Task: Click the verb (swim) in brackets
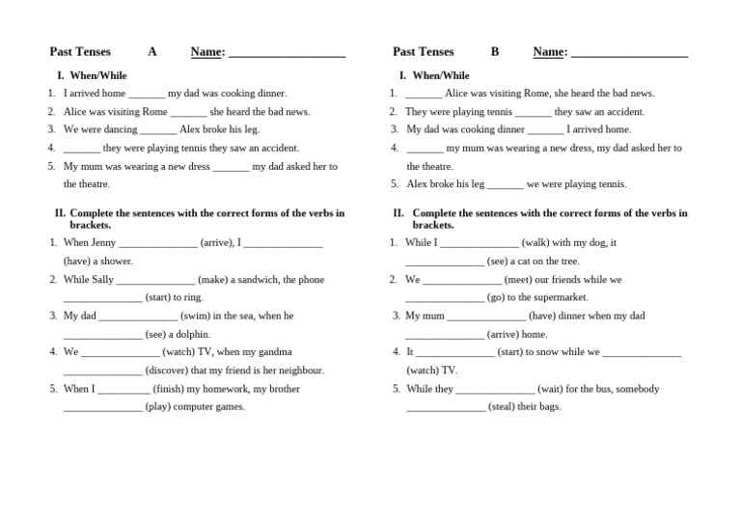[x=195, y=316]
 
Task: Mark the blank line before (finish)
[x=123, y=390]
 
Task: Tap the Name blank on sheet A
[x=287, y=54]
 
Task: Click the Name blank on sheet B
[x=629, y=54]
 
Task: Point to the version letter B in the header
[x=495, y=52]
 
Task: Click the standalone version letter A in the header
[x=152, y=52]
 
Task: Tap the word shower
[x=118, y=261]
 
